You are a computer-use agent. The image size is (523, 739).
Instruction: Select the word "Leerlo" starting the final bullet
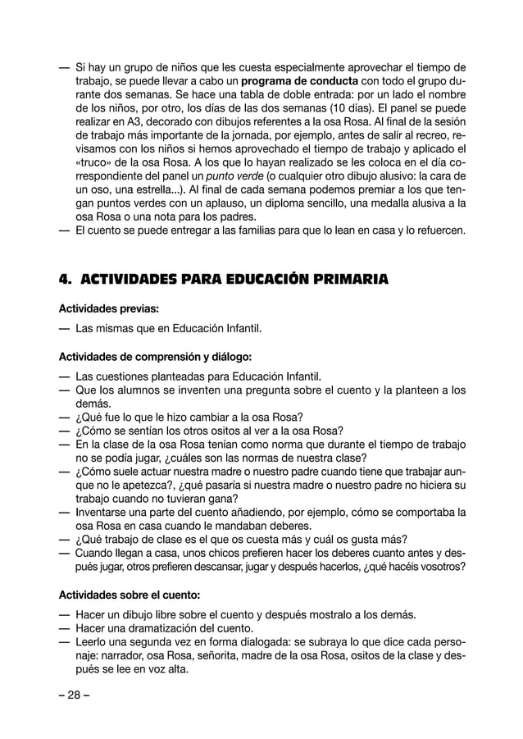pos(93,643)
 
